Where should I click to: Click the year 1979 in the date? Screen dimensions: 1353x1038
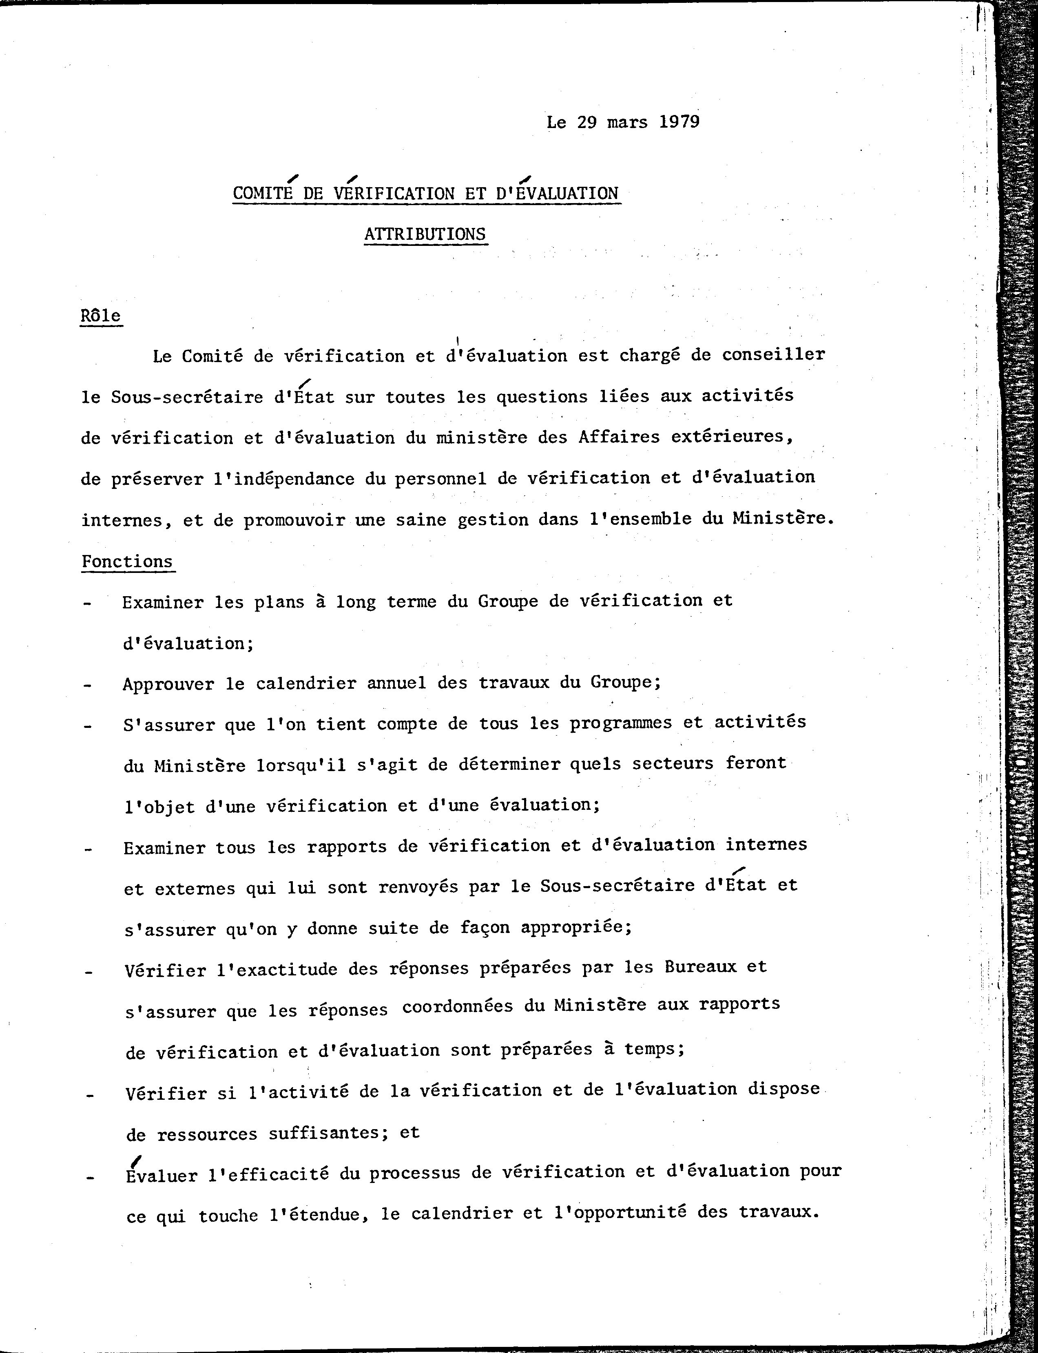coord(679,122)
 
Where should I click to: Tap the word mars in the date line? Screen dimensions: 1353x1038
coord(627,122)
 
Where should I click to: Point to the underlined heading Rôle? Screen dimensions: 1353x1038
coord(101,316)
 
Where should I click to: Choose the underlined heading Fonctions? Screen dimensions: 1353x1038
coord(127,562)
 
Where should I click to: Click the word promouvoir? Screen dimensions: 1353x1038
coord(294,520)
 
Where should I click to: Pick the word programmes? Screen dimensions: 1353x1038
coord(620,723)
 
